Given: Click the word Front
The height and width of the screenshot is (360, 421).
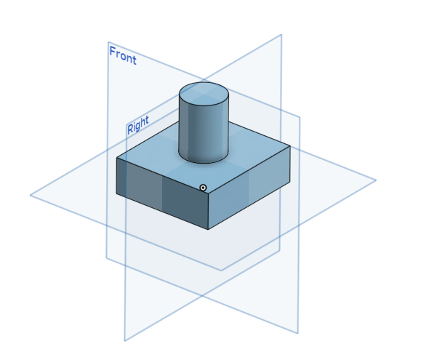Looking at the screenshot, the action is click(123, 55).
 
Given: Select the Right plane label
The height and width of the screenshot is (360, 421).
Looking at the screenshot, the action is click(138, 125).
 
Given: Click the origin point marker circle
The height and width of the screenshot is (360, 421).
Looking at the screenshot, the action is click(203, 188).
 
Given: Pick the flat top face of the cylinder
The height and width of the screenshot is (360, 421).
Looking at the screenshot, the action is click(204, 94).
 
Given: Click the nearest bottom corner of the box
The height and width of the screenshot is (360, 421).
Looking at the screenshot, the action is click(208, 230).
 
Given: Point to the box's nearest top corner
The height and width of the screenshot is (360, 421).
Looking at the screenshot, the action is click(209, 193).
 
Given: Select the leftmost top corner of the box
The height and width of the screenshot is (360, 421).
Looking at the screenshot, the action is click(117, 158).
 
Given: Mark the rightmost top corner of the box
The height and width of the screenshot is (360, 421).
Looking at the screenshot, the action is click(290, 145).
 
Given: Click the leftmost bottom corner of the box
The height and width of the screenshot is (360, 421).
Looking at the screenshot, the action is click(116, 193).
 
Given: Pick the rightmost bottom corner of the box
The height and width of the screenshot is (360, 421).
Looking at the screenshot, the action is click(290, 183).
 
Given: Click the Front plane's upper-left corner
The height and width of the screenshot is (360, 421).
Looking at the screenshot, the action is click(108, 42).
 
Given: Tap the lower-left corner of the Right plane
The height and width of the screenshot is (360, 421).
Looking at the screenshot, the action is click(124, 341).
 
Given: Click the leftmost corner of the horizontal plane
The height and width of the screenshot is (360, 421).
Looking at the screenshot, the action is click(30, 195).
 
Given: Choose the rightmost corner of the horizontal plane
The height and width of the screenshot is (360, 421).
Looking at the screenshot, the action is click(376, 180).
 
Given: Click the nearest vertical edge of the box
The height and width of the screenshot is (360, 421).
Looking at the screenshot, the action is click(209, 212).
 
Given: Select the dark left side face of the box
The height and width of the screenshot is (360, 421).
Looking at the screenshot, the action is click(162, 193).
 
